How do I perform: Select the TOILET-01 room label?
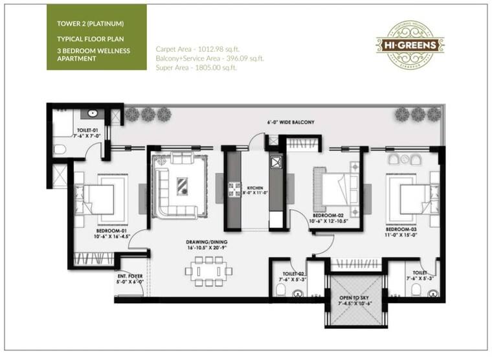pos(88,131)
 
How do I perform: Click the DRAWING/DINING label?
pos(204,244)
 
